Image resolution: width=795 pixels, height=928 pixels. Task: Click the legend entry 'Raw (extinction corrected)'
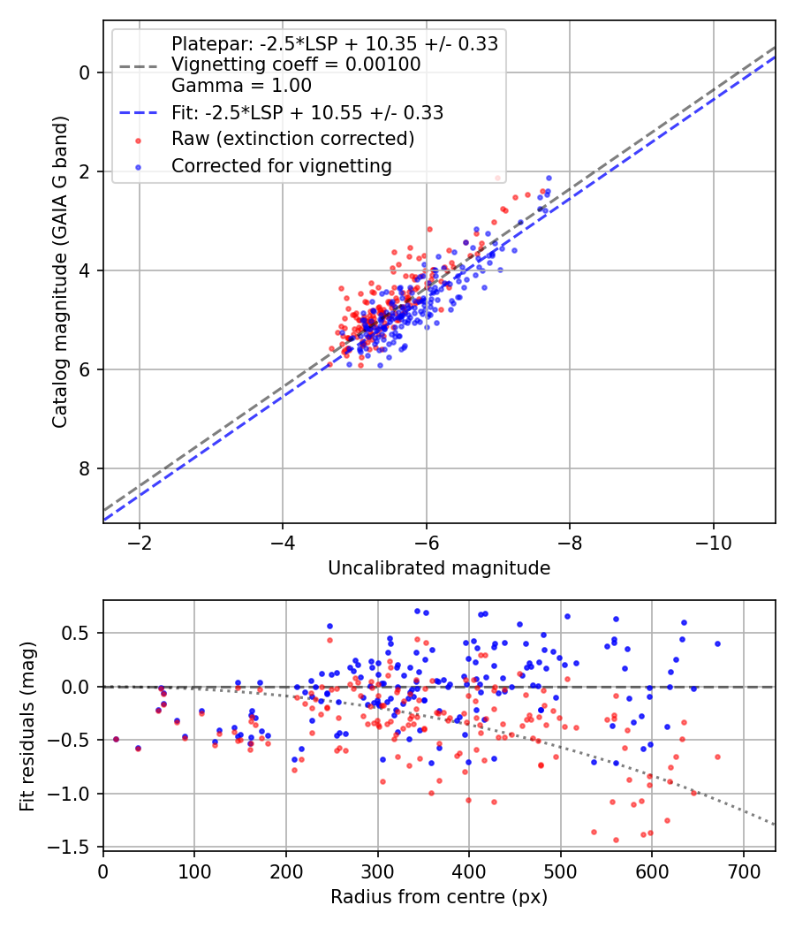pyautogui.click(x=292, y=139)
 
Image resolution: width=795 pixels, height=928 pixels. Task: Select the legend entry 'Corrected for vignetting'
pyautogui.click(x=281, y=165)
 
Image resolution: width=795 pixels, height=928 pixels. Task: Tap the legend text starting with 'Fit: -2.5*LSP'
pyautogui.click(x=307, y=112)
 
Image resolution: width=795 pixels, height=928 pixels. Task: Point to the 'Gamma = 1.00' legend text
pyautogui.click(x=241, y=86)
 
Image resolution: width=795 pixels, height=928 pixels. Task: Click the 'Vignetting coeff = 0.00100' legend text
pyautogui.click(x=296, y=65)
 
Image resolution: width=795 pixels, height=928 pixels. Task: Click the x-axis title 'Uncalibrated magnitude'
pyautogui.click(x=439, y=568)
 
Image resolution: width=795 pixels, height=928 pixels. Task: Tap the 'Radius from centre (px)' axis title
pyautogui.click(x=439, y=897)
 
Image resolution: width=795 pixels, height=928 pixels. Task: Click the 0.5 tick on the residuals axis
pyautogui.click(x=80, y=633)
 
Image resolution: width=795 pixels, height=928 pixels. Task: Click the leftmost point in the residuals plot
pyautogui.click(x=116, y=739)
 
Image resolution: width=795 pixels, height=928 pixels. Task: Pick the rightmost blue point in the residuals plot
pyautogui.click(x=717, y=643)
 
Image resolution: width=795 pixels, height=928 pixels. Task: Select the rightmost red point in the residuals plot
pyautogui.click(x=717, y=757)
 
